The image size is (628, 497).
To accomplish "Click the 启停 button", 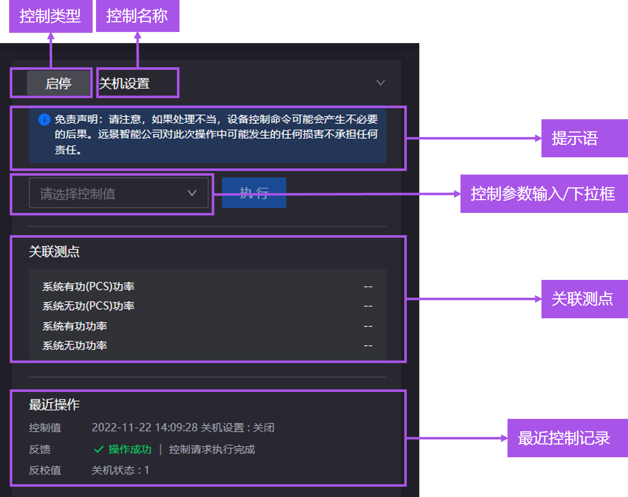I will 58,83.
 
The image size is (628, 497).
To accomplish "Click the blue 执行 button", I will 254,193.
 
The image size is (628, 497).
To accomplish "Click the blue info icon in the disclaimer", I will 44,119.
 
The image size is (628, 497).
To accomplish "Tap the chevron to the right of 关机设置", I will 380,83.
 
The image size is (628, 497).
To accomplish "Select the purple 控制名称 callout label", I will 137,16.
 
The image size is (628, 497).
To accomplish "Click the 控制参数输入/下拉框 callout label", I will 543,194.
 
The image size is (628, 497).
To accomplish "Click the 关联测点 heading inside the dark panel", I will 54,251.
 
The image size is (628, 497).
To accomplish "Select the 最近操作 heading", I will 54,404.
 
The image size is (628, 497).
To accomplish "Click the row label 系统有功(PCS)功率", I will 88,287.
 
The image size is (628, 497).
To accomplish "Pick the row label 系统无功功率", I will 75,346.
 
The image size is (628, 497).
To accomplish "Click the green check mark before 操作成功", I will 99,449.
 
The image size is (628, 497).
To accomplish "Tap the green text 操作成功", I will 130,449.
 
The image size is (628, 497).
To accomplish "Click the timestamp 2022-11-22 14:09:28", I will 145,428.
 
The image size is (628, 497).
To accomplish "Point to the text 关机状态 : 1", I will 120,470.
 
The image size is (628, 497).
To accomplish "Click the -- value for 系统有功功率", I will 368,326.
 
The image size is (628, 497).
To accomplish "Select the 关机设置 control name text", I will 124,83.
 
